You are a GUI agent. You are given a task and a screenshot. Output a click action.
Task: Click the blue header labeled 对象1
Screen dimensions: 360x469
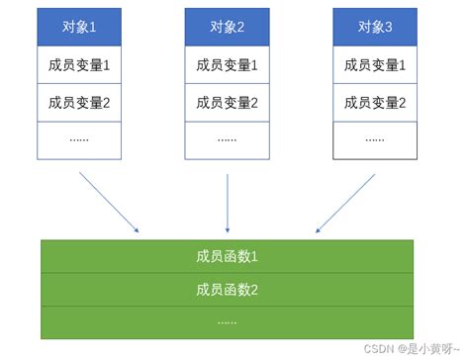(x=78, y=29)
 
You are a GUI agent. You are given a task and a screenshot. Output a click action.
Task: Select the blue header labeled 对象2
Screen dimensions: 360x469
(x=227, y=29)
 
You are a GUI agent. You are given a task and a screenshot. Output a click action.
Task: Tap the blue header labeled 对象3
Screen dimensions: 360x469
(x=374, y=29)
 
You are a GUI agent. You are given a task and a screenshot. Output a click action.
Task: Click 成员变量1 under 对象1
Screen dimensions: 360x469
(x=78, y=66)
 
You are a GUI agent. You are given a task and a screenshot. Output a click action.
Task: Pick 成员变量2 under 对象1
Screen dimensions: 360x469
(x=78, y=103)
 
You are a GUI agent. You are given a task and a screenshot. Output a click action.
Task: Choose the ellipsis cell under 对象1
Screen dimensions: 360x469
(x=78, y=139)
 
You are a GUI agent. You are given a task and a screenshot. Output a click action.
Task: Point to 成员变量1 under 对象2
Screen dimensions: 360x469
(x=227, y=66)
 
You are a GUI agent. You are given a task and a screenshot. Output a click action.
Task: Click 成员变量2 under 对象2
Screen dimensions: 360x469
(x=227, y=103)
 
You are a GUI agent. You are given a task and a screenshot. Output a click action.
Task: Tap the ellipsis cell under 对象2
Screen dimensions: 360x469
(x=227, y=139)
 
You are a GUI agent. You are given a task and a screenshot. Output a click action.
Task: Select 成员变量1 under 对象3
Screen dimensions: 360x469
(x=374, y=66)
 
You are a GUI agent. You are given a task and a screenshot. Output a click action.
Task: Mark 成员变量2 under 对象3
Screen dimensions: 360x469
(x=374, y=103)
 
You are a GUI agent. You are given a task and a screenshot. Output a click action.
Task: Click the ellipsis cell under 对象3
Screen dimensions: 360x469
(x=374, y=139)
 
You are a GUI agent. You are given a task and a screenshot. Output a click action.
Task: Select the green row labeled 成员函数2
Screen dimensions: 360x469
(x=227, y=290)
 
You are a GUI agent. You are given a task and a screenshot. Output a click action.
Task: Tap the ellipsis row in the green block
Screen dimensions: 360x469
(x=227, y=321)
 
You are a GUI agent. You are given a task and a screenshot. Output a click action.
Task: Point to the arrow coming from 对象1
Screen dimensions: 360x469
(x=109, y=203)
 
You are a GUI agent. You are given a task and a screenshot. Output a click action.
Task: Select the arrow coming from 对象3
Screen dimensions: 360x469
(x=345, y=203)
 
